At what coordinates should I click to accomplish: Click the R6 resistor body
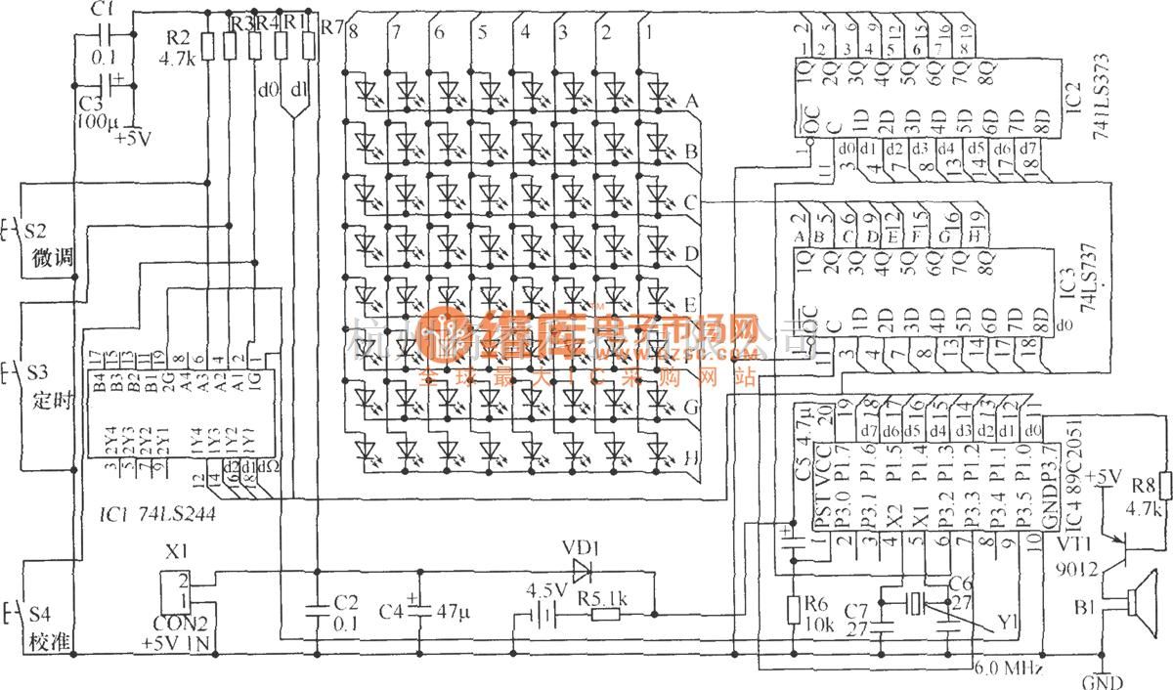[x=796, y=611]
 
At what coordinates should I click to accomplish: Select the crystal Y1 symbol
[x=913, y=604]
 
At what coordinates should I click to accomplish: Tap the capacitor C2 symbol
[x=318, y=612]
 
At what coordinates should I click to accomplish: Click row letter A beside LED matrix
[x=690, y=101]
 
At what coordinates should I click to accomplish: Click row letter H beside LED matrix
[x=690, y=456]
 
